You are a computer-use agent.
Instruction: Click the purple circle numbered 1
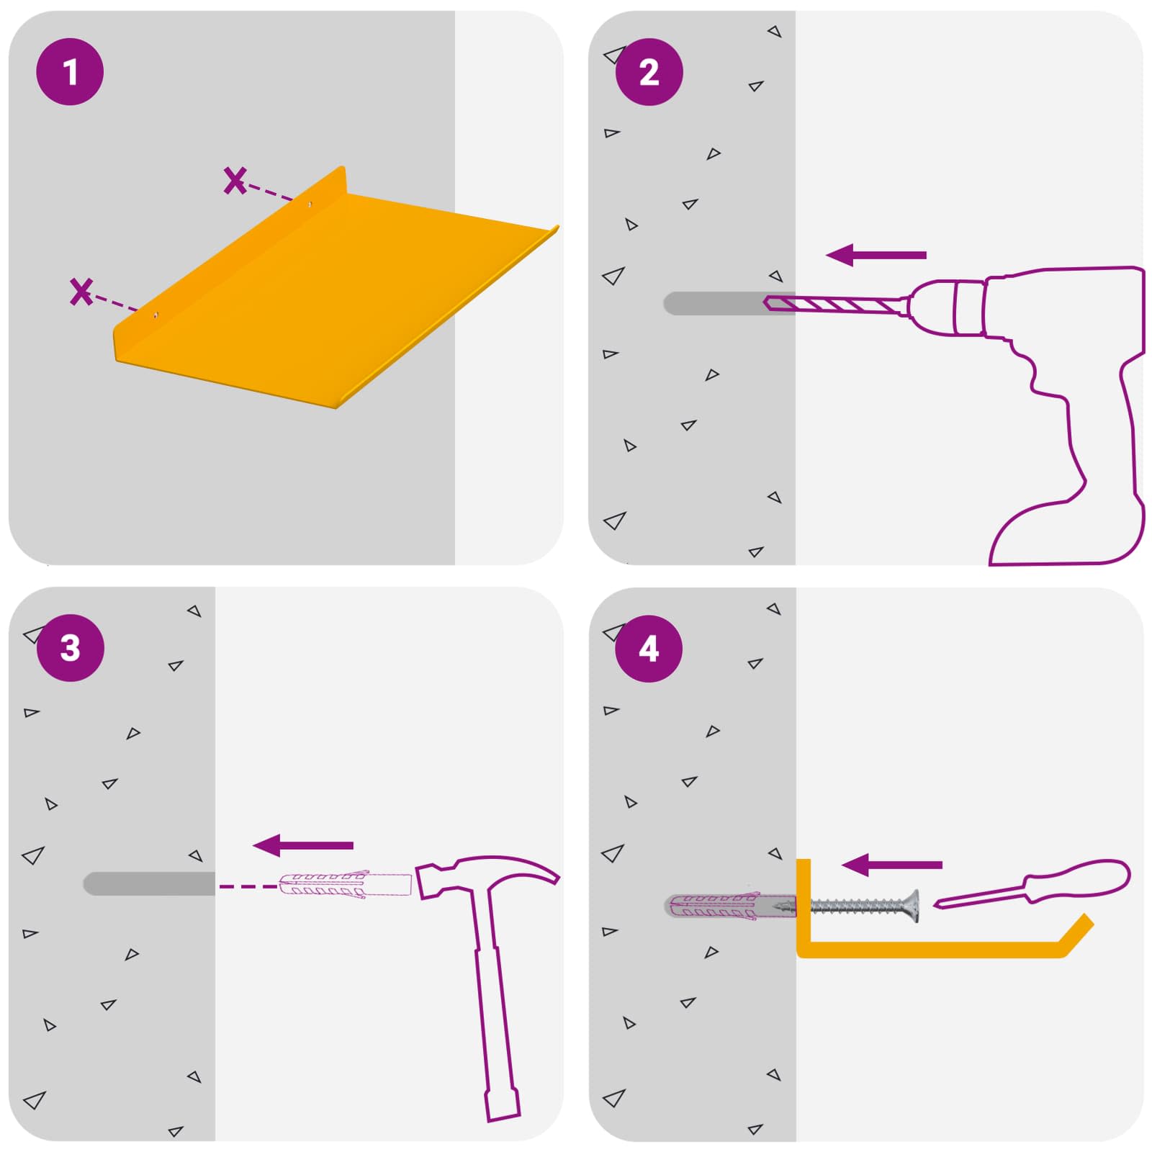tap(70, 72)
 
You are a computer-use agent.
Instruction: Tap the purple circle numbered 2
tap(649, 72)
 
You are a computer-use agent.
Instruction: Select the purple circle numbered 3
tap(70, 648)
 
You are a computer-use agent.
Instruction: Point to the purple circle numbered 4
tap(649, 648)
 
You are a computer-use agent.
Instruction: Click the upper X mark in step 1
tap(235, 180)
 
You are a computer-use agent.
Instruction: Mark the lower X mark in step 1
tap(81, 291)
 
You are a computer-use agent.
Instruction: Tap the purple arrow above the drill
tap(876, 255)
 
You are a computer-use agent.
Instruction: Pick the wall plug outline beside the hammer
tap(345, 885)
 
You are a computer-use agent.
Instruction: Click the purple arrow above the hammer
tap(303, 845)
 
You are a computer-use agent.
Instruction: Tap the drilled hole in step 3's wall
tap(149, 884)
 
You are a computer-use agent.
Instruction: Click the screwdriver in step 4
tap(1032, 884)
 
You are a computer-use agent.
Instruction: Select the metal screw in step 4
tap(864, 906)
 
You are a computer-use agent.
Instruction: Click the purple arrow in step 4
tap(892, 865)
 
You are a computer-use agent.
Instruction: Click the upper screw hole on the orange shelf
tap(310, 204)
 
